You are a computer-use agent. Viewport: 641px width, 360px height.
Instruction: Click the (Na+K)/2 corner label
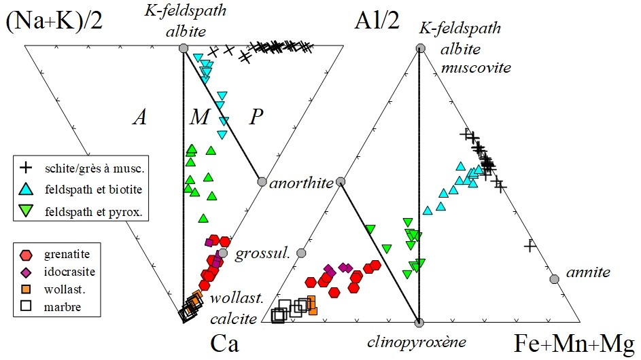[x=54, y=21]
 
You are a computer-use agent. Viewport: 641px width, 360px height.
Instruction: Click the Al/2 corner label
[x=377, y=20]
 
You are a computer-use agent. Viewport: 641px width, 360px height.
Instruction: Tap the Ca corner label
[x=224, y=344]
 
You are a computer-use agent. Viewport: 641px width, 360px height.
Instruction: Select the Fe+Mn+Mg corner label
[x=574, y=343]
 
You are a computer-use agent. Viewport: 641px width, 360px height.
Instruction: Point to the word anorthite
[x=301, y=183]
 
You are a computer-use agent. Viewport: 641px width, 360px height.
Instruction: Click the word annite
[x=588, y=272]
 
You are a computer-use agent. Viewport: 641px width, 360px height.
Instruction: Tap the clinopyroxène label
[x=416, y=342]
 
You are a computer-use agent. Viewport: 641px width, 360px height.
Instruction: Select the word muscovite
[x=476, y=67]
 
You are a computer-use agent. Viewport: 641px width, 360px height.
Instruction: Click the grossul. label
[x=262, y=253]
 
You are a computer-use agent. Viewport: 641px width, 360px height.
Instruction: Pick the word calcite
[x=233, y=319]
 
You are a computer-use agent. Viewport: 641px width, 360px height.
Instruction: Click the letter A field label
[x=139, y=118]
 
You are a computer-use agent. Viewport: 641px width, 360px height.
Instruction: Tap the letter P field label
[x=256, y=118]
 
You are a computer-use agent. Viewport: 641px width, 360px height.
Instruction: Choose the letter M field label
[x=199, y=118]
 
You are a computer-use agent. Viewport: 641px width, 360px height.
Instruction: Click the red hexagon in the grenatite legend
[x=26, y=255]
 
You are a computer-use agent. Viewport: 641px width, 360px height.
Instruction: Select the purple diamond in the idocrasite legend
[x=26, y=272]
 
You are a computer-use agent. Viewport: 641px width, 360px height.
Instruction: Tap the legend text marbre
[x=62, y=307]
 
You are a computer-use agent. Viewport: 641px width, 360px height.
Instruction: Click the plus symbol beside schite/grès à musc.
[x=26, y=168]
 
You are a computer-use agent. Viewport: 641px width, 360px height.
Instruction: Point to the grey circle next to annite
[x=554, y=279]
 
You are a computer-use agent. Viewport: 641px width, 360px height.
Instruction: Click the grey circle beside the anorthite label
[x=262, y=182]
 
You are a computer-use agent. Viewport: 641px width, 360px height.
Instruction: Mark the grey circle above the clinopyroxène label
[x=419, y=323]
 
